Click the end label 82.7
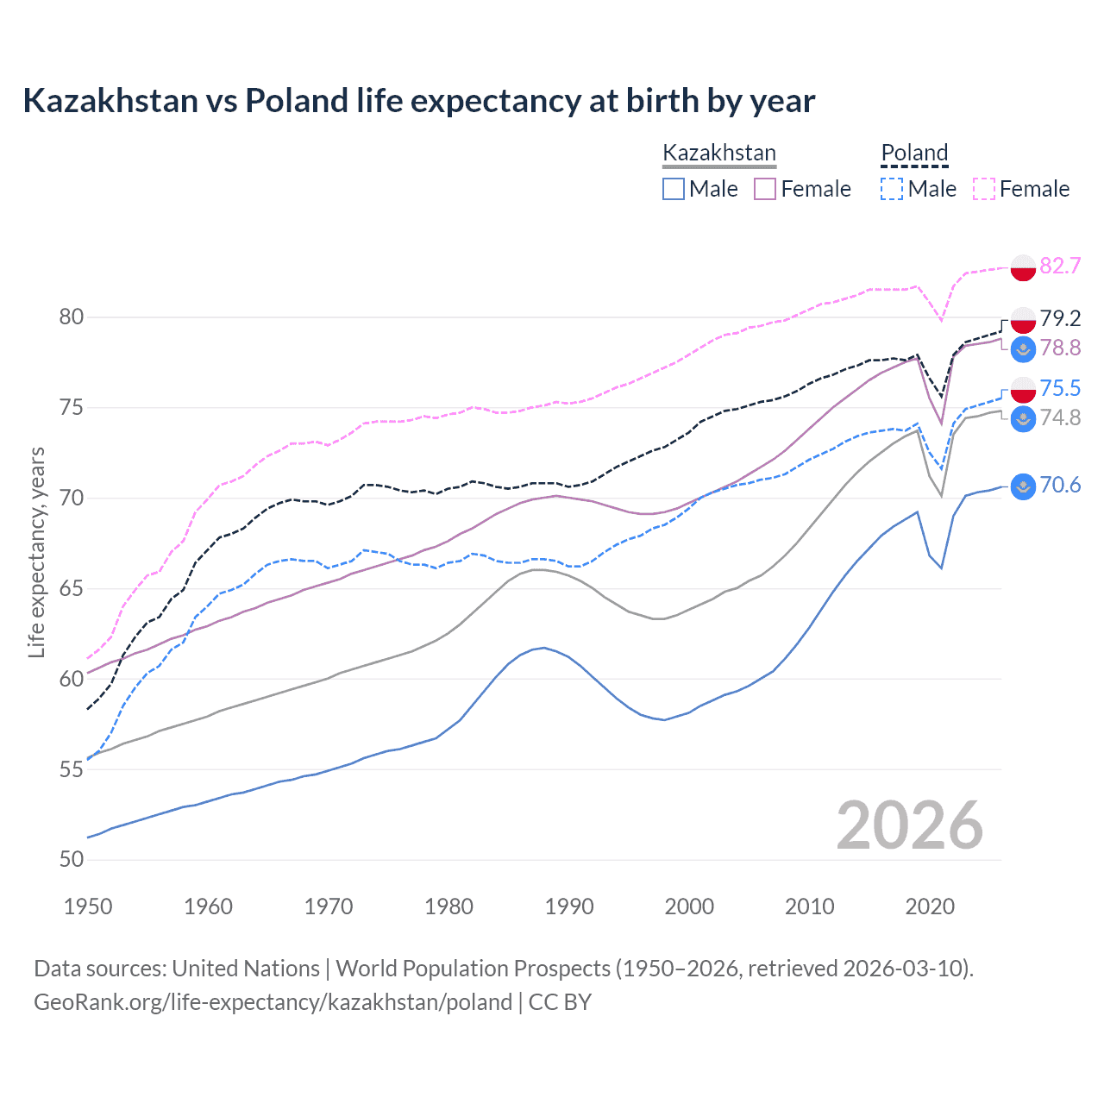point(1060,266)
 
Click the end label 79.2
point(1060,318)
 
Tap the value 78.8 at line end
point(1060,348)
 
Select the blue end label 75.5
point(1060,388)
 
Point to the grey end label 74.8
point(1060,417)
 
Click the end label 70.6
point(1060,485)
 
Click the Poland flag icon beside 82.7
point(1023,267)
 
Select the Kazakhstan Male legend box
point(674,189)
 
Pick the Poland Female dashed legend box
point(984,189)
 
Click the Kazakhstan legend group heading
point(719,153)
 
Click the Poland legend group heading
point(914,153)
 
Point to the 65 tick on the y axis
point(72,589)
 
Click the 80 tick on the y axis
point(72,317)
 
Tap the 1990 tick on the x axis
point(569,906)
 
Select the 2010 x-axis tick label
point(809,906)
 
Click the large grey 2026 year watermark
point(910,825)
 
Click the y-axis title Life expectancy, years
point(36,552)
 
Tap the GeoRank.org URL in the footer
point(273,1002)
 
